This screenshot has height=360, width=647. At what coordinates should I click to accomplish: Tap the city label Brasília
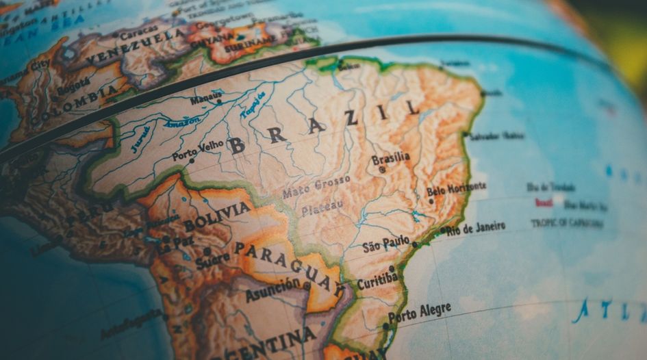click(391, 158)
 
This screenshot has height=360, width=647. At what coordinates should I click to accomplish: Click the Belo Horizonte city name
click(456, 188)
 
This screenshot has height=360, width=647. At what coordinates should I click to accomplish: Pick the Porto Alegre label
click(420, 313)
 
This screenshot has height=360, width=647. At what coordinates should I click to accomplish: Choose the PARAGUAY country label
click(288, 266)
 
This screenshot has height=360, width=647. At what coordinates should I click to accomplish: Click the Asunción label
click(272, 290)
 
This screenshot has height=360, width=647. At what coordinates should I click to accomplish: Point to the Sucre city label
click(212, 259)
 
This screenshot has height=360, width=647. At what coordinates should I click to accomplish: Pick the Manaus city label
click(206, 99)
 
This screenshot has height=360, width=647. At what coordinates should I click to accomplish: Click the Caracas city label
click(138, 31)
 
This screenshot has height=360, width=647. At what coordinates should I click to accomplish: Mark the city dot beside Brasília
click(382, 169)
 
